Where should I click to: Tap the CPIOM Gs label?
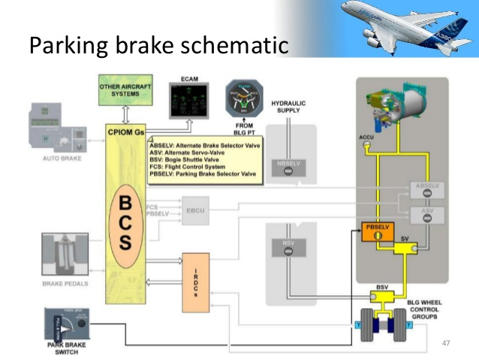(126, 133)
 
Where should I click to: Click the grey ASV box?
(427, 213)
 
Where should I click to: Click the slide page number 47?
(446, 343)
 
